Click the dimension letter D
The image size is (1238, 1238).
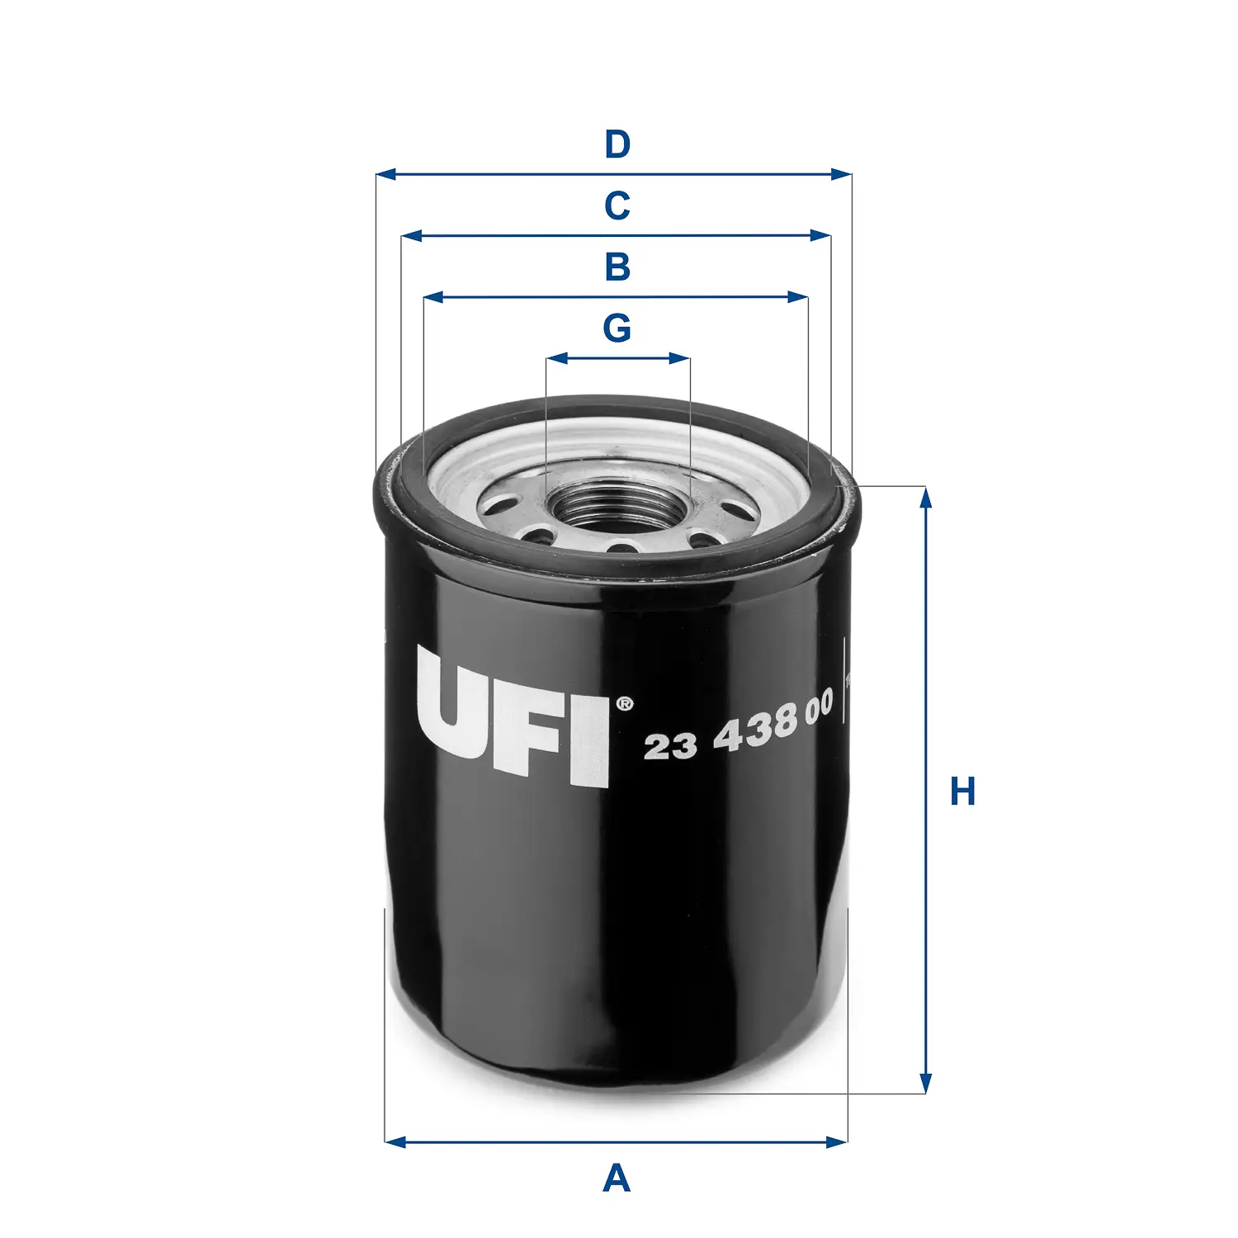(x=617, y=144)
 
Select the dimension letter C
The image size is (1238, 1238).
(x=617, y=206)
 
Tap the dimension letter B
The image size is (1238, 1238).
(x=617, y=267)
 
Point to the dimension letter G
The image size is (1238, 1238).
(x=617, y=328)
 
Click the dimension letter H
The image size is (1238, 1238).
(x=962, y=791)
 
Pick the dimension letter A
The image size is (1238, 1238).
(x=617, y=1179)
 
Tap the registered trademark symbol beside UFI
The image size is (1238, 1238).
(x=625, y=704)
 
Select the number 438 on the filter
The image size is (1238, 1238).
(x=755, y=730)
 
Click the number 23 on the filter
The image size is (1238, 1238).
(x=669, y=746)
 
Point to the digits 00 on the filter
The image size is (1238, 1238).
(x=819, y=710)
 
